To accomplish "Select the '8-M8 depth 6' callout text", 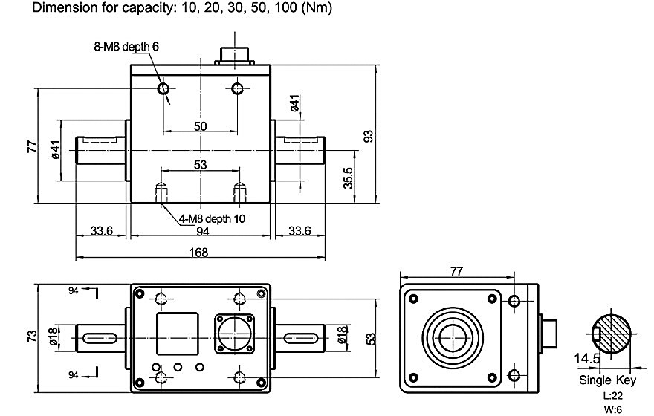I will (x=126, y=46).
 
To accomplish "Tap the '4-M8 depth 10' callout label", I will (x=212, y=218).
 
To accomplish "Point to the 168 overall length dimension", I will (x=199, y=253).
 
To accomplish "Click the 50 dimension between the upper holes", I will (x=200, y=126).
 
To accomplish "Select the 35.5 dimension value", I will (x=348, y=178).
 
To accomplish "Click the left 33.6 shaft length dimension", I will (x=100, y=232).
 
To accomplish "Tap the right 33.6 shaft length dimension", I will (x=299, y=232).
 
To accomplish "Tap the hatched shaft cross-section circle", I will (x=612, y=335).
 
